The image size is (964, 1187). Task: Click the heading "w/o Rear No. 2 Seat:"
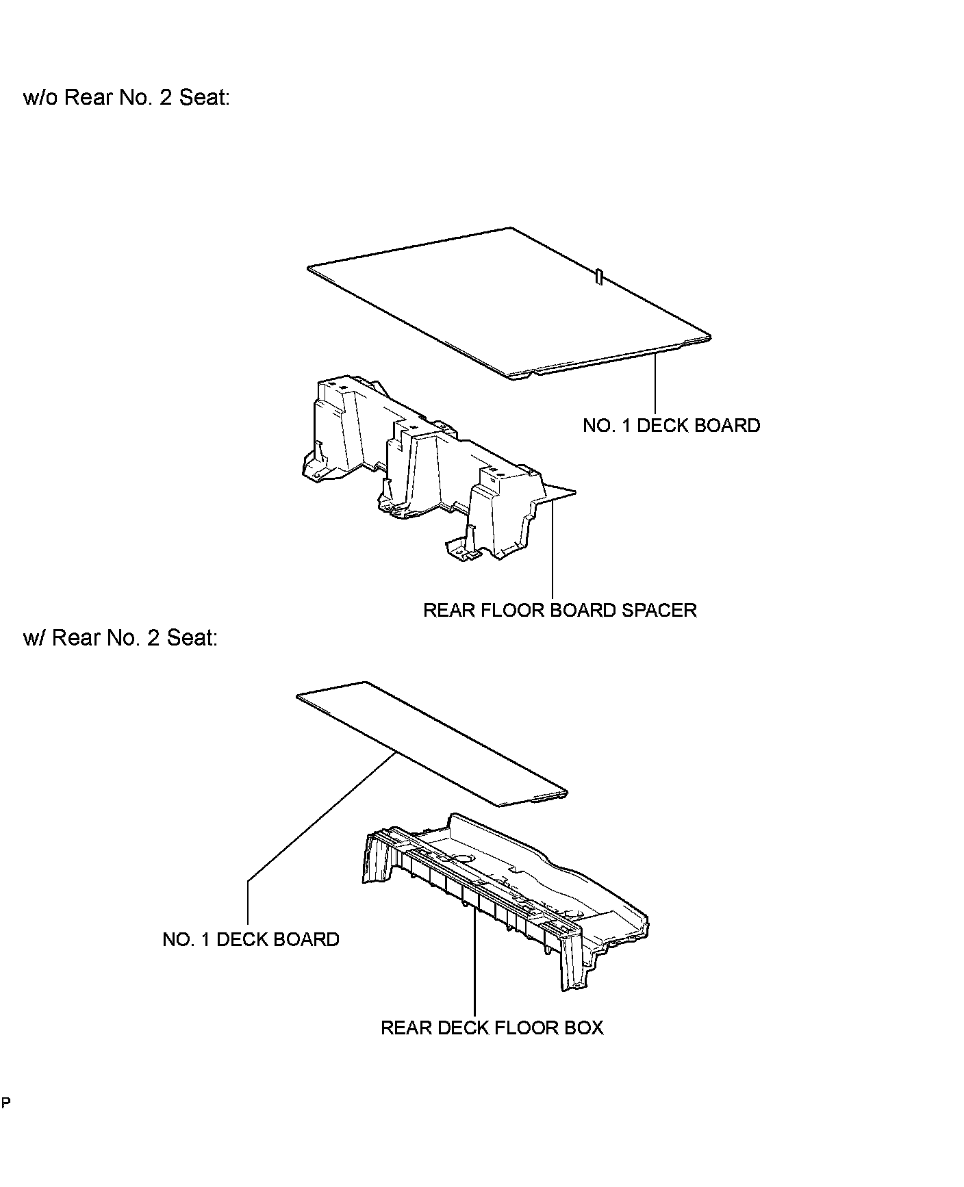126,98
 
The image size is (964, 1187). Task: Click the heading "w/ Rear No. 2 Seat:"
120,639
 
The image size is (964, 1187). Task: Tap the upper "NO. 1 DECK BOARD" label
671,426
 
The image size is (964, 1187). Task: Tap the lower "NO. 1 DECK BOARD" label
251,939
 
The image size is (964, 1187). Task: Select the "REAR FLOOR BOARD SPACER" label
559,611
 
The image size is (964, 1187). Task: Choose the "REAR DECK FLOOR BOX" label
492,1028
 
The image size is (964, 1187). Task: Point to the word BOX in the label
585,1028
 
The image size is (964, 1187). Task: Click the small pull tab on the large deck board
599,277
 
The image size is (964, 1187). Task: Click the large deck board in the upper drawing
507,301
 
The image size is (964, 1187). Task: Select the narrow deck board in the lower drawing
431,743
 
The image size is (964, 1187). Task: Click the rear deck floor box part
507,890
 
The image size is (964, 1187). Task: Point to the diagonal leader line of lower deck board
322,815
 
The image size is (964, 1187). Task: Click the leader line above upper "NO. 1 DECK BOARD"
655,383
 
